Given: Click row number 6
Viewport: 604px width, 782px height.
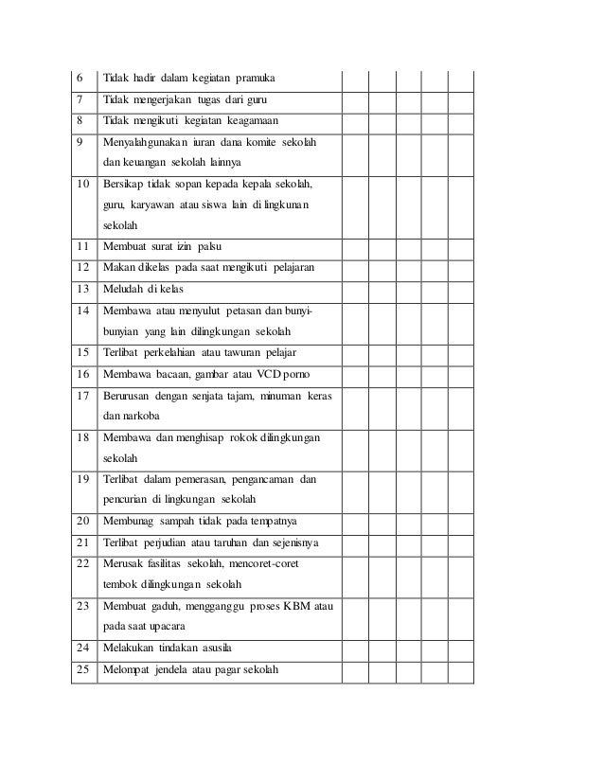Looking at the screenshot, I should point(79,78).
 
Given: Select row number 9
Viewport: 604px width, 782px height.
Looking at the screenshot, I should point(79,142).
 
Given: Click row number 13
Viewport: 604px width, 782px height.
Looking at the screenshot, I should point(81,289).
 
